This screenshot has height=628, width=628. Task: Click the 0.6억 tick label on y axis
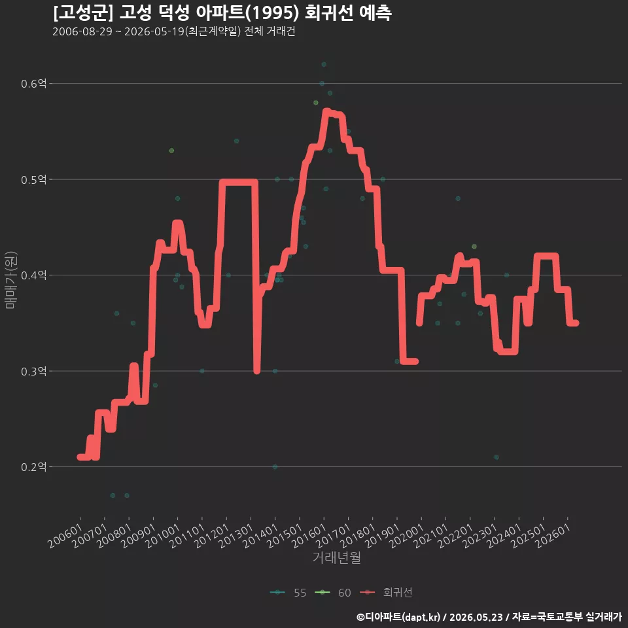33,84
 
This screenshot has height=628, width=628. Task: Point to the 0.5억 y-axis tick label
33,179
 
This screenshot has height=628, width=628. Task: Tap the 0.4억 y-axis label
33,275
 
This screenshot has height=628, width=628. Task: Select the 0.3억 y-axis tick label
33,372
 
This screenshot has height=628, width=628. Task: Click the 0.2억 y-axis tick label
33,467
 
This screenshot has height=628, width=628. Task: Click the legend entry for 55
288,593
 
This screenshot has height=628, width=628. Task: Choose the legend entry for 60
333,593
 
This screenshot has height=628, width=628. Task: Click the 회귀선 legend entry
386,593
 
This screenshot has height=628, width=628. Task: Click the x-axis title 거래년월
336,557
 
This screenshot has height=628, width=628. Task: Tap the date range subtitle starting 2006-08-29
174,31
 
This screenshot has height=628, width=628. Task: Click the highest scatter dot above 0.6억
324,65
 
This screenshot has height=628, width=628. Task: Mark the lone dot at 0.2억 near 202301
497,457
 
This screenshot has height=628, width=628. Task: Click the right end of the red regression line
576,323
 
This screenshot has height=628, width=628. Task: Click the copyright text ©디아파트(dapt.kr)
398,617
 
